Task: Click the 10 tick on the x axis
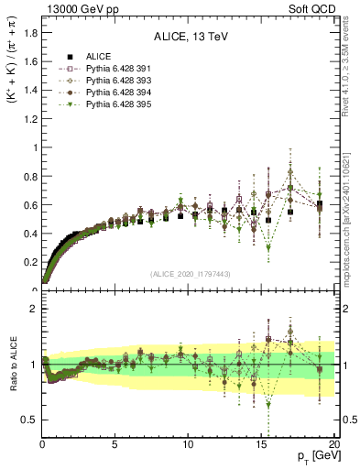[188, 443]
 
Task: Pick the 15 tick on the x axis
[261, 443]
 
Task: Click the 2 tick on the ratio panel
[33, 309]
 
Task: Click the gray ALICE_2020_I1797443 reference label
[188, 275]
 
